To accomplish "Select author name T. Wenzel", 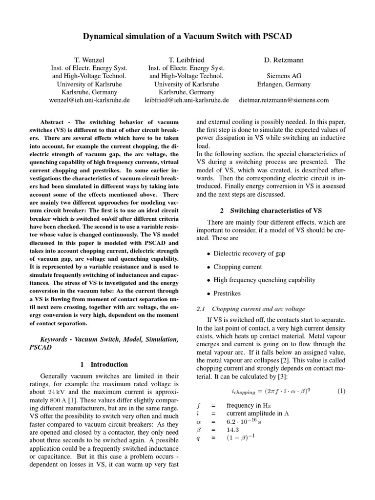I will click(89, 60).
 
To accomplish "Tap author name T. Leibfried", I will click(187, 60).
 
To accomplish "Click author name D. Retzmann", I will click(283, 60).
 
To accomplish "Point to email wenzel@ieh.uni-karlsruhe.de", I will click(89, 100).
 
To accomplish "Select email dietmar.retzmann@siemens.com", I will click(284, 100).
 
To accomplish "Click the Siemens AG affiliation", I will click(284, 76).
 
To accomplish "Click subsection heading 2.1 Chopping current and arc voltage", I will click(250, 309).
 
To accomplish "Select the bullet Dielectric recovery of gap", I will click(250, 254).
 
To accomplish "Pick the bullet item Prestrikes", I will click(229, 293).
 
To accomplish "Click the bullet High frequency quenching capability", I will click(264, 280).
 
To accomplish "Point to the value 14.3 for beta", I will click(234, 429).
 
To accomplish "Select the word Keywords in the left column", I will click(55, 339).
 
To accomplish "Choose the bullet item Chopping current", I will click(238, 267).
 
